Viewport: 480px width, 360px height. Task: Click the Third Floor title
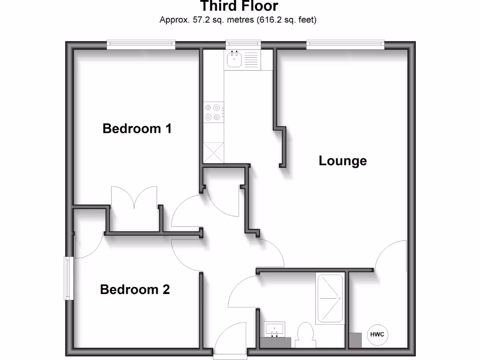click(239, 7)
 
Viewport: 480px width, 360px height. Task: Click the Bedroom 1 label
click(137, 128)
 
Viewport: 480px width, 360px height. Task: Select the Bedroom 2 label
click(135, 289)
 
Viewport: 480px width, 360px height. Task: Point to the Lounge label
click(343, 161)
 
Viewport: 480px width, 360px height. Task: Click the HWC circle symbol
click(377, 335)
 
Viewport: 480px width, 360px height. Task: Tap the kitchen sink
click(234, 60)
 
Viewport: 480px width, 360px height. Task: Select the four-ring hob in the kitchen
click(212, 112)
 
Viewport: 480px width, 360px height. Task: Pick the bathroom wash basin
click(275, 330)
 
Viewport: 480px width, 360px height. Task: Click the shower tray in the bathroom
click(330, 299)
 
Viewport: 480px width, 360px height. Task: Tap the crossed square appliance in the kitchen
click(213, 152)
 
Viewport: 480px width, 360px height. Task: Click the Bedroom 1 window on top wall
click(141, 45)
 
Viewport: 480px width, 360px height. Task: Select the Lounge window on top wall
click(345, 45)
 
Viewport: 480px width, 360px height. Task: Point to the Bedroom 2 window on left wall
click(69, 278)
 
